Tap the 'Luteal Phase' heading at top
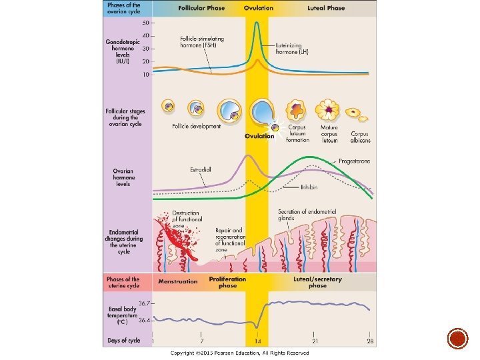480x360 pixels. [x=326, y=8]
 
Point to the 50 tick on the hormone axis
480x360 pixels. [x=146, y=23]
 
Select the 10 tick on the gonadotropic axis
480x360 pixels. [x=146, y=75]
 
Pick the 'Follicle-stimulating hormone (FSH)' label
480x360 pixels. [x=202, y=41]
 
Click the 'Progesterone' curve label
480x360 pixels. [x=354, y=161]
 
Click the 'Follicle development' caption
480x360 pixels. [x=196, y=127]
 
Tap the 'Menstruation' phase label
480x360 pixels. [x=178, y=281]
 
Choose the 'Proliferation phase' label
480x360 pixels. [x=227, y=282]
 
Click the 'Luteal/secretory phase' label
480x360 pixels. [x=317, y=282]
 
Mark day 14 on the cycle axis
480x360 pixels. [x=257, y=340]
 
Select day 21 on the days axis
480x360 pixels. [x=313, y=340]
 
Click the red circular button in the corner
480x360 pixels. [x=457, y=338]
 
